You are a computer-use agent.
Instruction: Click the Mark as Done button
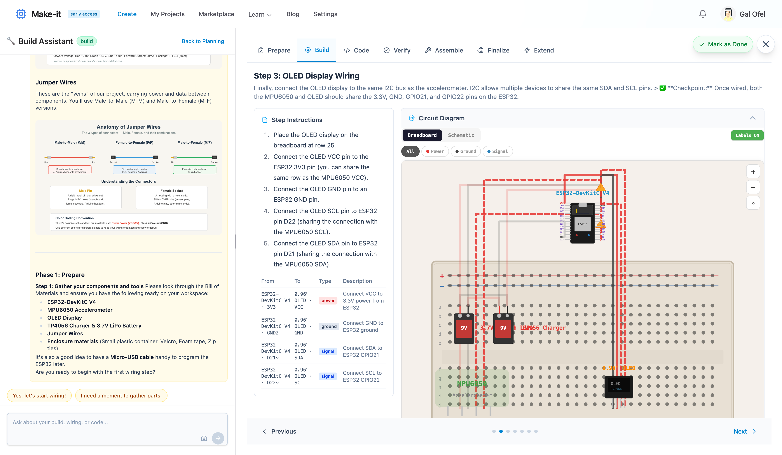click(723, 44)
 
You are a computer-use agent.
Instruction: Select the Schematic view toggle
click(461, 135)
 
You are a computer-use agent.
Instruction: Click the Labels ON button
click(747, 135)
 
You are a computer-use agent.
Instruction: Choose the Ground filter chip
click(466, 151)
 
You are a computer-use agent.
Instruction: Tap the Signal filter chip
click(497, 151)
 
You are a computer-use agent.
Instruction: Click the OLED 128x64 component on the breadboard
click(618, 386)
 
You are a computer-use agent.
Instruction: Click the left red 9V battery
click(464, 328)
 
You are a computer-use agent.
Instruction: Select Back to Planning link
click(203, 41)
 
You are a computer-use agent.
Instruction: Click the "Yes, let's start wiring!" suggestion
click(39, 395)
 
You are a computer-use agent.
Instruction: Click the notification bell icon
click(703, 14)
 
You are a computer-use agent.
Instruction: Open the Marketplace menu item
click(216, 14)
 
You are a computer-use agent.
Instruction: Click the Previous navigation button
click(279, 431)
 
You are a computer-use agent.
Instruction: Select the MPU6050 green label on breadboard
click(471, 384)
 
